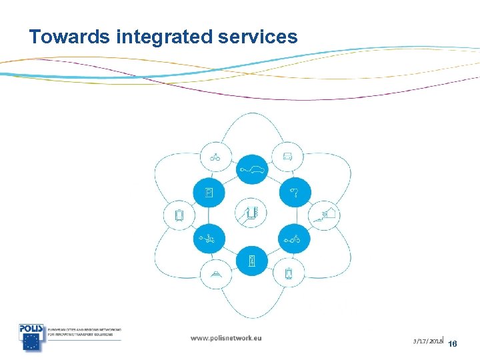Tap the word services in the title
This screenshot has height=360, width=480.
(x=257, y=37)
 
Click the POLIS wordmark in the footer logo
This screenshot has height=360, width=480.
(x=31, y=329)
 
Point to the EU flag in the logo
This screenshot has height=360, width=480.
(x=31, y=341)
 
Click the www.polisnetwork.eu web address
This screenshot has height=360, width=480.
(x=226, y=338)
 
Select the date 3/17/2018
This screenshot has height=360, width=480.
(x=428, y=341)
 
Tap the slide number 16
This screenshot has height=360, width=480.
(x=453, y=344)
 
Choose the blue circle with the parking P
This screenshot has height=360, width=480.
(x=209, y=193)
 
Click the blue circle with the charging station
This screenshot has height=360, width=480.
(x=252, y=261)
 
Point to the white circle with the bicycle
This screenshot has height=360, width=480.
(x=215, y=158)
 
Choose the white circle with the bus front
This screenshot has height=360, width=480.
(x=287, y=157)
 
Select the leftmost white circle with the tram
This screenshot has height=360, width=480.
(x=178, y=215)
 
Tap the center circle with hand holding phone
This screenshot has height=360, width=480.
(x=252, y=215)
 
